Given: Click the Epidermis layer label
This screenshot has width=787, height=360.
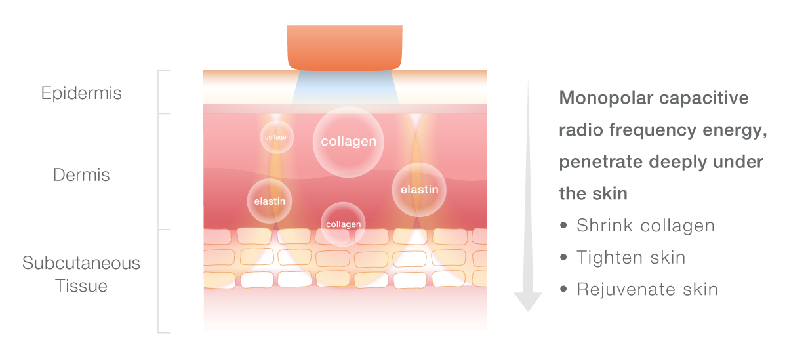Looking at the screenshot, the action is click(81, 94).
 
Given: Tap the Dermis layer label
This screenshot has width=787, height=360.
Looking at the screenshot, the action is click(81, 175).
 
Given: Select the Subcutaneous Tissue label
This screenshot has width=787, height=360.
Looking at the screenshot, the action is click(81, 274).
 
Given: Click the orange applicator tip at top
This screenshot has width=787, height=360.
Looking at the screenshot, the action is click(345, 48).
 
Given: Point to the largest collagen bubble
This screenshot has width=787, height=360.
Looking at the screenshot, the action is click(348, 142).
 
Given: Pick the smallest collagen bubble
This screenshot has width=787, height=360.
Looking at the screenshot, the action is click(277, 137).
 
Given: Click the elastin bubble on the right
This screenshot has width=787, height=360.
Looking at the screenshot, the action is click(419, 190).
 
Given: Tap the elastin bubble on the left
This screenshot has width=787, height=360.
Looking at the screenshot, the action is click(270, 201).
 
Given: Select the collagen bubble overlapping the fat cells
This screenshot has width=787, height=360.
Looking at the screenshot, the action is click(343, 224).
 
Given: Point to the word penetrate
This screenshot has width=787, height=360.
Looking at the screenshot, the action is click(601, 162).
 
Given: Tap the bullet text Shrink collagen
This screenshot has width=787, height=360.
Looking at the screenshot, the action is click(646, 226).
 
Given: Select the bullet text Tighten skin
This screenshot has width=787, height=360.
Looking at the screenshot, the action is click(631, 258).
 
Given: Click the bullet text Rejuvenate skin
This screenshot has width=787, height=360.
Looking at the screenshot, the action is click(647, 290).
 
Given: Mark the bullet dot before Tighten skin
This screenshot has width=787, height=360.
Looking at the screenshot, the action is click(563, 257).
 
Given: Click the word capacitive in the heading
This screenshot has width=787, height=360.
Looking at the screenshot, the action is click(704, 98).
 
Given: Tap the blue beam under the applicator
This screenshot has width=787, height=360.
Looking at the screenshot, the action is click(345, 88).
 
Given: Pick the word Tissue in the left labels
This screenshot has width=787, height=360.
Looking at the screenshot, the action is click(81, 286).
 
